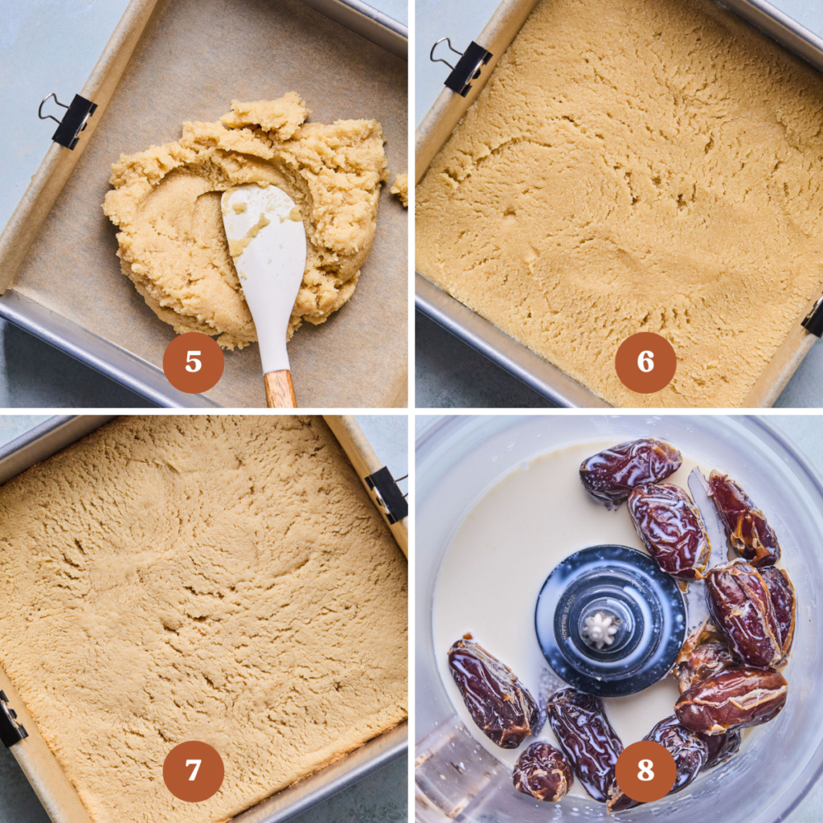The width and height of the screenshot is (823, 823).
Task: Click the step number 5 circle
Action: pos(193,362)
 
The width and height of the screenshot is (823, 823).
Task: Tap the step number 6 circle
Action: pos(645,362)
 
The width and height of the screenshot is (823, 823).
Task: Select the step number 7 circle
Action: pos(193,771)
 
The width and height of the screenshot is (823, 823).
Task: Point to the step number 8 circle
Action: pos(645,771)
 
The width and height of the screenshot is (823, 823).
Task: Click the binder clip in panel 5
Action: pos(71,119)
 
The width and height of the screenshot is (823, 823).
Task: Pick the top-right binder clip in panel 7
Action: pos(387,493)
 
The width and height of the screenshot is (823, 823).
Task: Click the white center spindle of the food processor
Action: pos(599,629)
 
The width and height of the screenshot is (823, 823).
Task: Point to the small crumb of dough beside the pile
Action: pos(399,188)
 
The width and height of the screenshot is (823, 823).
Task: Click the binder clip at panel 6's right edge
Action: pos(813,317)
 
